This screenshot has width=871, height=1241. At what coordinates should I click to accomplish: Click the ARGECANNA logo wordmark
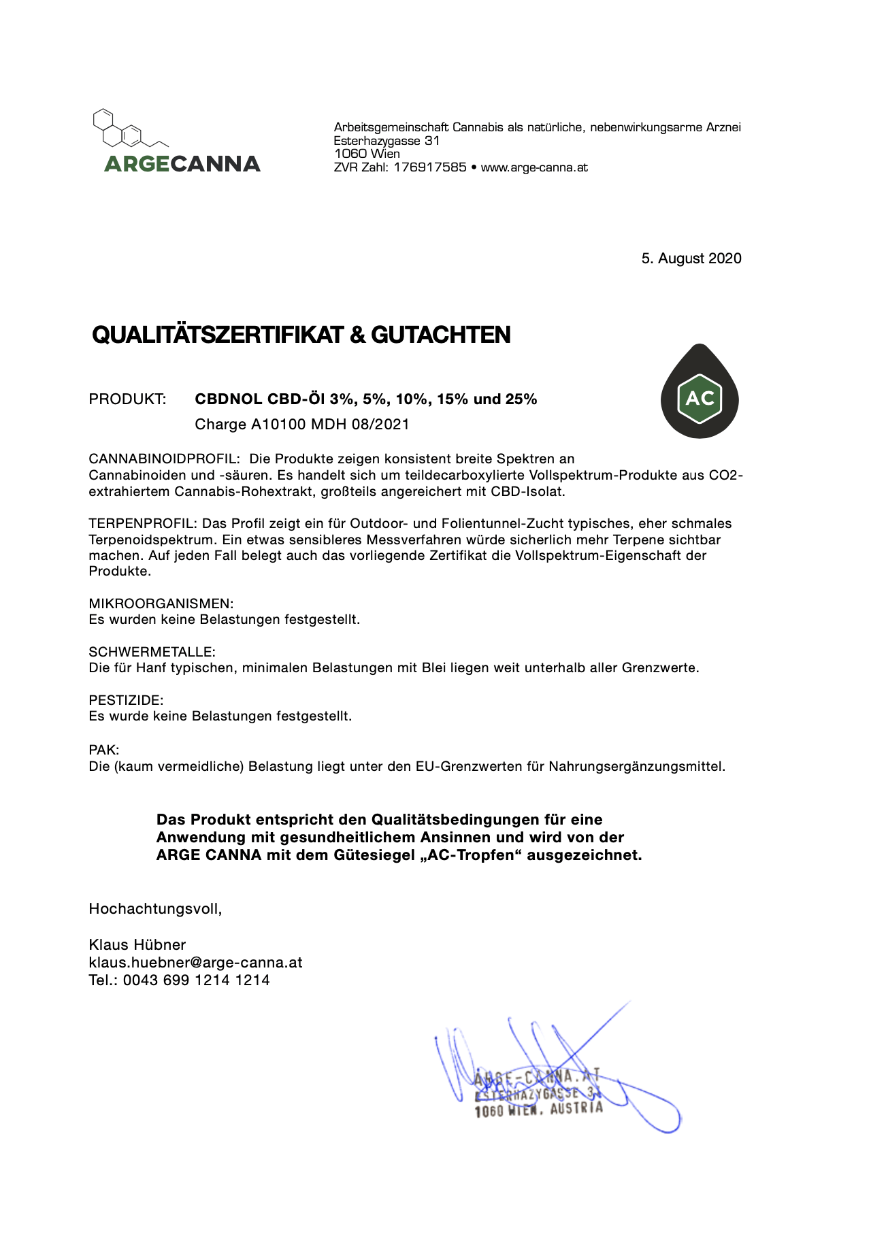182,164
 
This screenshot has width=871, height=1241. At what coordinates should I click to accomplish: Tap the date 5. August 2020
691,259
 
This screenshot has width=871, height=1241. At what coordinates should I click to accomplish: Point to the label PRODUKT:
127,399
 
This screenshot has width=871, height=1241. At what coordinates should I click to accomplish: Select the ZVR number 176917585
429,167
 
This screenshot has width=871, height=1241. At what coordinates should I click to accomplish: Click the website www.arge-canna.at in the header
534,167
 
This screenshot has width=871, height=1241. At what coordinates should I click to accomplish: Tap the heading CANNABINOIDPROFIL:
164,459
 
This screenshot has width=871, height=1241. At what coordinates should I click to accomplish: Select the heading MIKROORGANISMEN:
161,603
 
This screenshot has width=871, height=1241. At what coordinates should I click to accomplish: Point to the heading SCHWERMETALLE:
152,652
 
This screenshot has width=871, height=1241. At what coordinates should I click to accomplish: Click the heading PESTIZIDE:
126,700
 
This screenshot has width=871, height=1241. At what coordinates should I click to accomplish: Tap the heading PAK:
104,750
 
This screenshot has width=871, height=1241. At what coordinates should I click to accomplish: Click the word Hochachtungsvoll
154,909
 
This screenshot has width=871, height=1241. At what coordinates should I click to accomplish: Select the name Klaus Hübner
137,945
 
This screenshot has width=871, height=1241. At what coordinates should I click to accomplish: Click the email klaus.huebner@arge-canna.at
195,963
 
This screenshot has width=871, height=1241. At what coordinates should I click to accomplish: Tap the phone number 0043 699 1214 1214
196,980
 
